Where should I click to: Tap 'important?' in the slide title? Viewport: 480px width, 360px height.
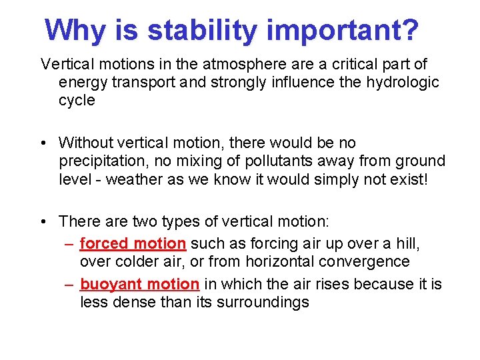pos(343,30)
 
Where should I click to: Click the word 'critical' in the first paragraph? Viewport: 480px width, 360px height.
pos(341,65)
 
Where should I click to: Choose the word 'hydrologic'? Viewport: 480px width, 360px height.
pos(403,83)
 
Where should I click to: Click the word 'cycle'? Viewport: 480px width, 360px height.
pos(77,101)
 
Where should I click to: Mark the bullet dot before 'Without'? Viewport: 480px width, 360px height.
pos(44,143)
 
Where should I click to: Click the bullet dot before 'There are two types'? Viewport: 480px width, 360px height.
pos(44,221)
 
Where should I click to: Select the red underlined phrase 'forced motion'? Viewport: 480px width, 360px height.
pos(133,244)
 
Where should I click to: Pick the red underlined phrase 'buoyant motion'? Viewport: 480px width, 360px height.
pos(139,284)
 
